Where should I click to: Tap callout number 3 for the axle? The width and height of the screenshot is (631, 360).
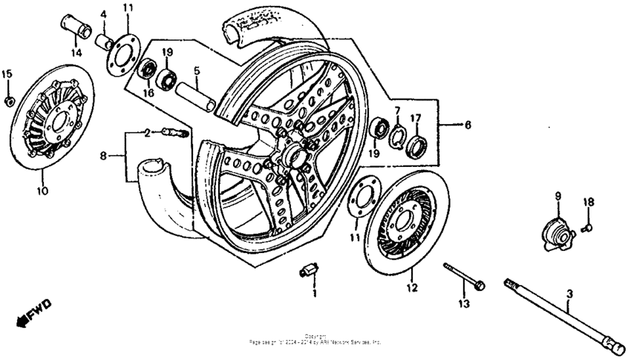[x=569, y=295]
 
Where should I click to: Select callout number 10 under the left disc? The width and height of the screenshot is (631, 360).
[x=42, y=191]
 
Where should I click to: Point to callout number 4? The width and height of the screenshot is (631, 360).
[x=104, y=14]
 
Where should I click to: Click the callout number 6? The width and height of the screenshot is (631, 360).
[x=467, y=125]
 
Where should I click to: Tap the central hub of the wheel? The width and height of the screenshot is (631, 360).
[x=290, y=157]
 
